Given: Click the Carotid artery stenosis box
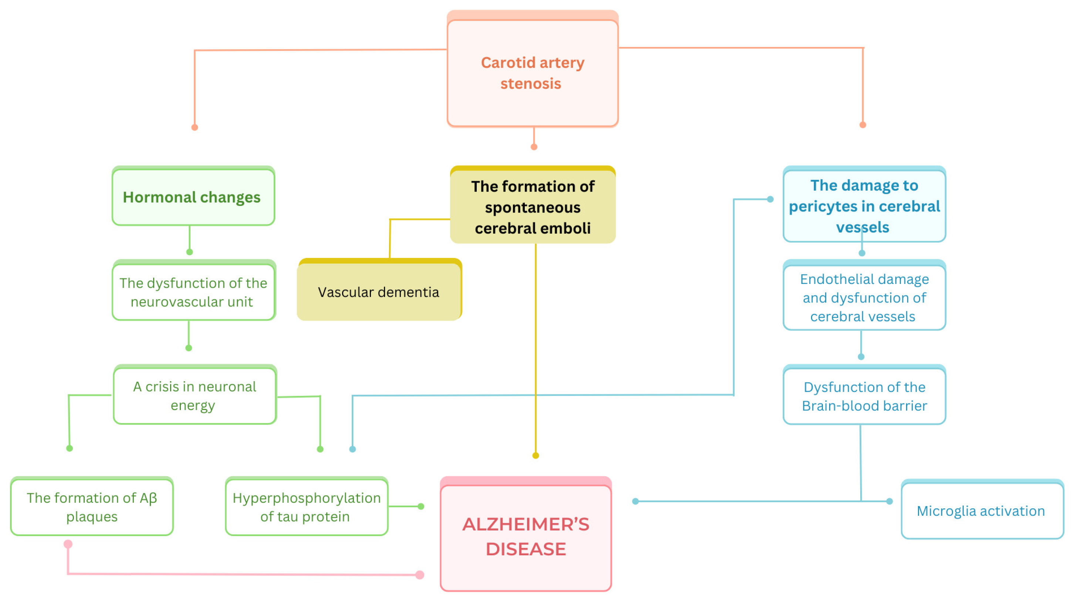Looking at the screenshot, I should click(533, 73).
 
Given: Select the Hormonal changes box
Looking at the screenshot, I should click(193, 197).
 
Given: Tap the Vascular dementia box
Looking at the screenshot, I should click(379, 292).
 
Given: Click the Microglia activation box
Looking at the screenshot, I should click(982, 511).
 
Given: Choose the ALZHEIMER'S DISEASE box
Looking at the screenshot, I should click(526, 537).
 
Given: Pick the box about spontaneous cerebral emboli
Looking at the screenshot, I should click(533, 207).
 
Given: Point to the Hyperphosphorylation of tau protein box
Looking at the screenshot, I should click(307, 507).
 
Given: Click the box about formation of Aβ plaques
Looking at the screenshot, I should click(92, 507).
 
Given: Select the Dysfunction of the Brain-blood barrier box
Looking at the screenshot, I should click(864, 396).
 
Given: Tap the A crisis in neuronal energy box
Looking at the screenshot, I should click(194, 396).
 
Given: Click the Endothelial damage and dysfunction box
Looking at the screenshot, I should click(864, 298).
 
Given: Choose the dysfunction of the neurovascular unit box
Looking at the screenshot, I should click(193, 292).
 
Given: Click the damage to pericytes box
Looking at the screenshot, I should click(864, 206).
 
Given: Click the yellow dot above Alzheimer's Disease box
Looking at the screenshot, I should click(536, 455).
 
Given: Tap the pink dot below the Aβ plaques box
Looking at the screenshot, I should click(68, 544).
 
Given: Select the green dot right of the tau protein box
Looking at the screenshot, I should click(421, 506).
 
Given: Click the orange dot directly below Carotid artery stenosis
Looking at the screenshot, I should click(534, 147).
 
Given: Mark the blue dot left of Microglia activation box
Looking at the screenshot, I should click(889, 501).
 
